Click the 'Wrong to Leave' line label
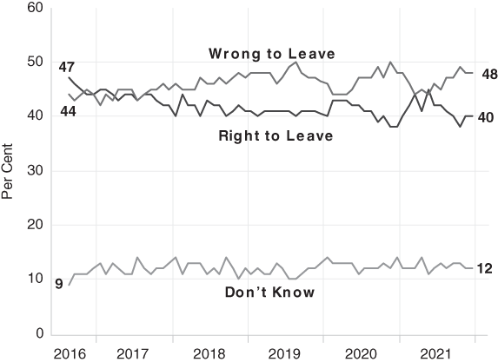[x=271, y=54]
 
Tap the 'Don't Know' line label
[x=269, y=292]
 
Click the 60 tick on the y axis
[x=34, y=8]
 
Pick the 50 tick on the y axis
[x=34, y=63]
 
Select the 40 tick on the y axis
[x=34, y=117]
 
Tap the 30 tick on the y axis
[x=34, y=171]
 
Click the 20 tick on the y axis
[x=34, y=226]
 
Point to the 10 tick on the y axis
[x=34, y=280]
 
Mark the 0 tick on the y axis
[x=37, y=334]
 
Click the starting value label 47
[x=66, y=67]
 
